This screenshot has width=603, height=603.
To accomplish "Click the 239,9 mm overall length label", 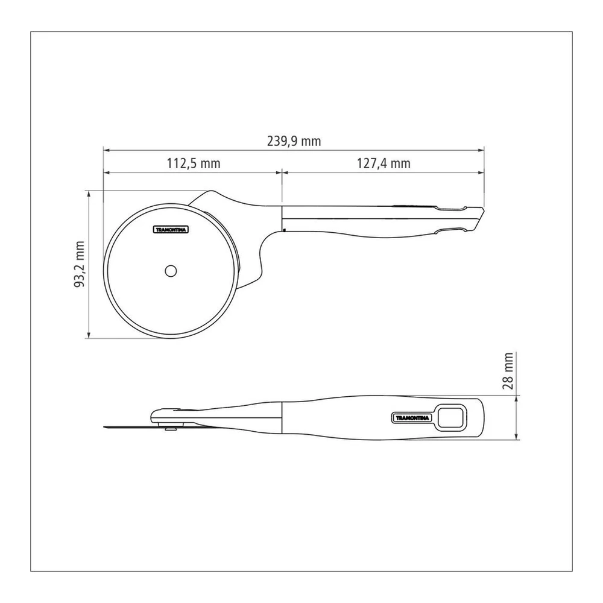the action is pos(294,142).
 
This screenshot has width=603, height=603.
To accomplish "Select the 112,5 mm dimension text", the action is pos(194,163).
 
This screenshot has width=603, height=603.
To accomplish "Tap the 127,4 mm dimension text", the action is pos(384,163).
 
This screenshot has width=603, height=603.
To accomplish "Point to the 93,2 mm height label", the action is pos(79,264).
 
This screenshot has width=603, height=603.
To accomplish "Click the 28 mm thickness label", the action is pos(508,371).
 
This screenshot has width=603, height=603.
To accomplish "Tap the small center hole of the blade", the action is pos(171,271).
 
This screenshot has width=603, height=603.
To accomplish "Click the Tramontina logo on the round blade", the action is pos(171,230).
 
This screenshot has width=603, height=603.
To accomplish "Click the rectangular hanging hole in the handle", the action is pos(451,417).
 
